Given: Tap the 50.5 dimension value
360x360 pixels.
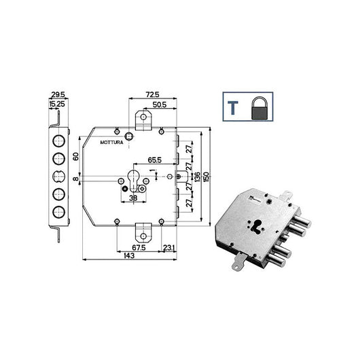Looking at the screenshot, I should point(160,105).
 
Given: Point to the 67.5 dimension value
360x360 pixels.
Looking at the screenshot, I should point(139,248).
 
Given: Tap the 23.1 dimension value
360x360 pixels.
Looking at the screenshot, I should point(169,248).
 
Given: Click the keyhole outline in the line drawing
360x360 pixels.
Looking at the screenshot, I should point(133,180).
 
